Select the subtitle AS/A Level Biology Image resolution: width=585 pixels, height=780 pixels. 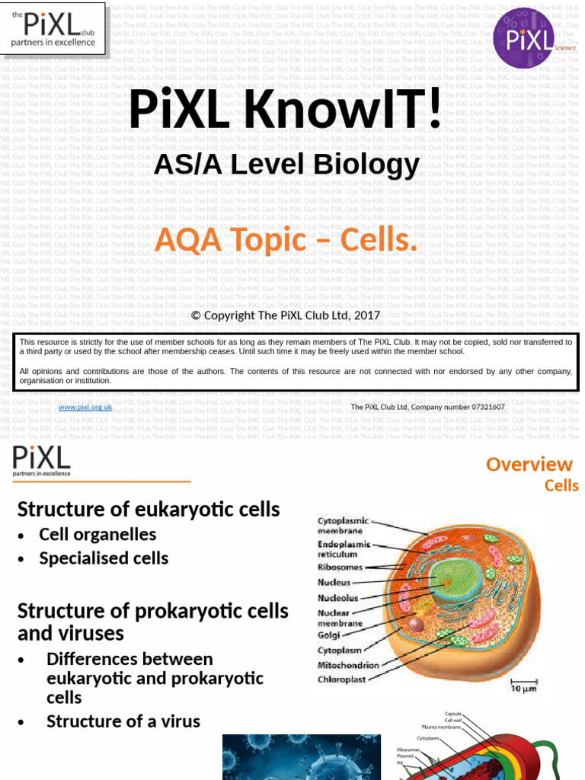tap(286, 165)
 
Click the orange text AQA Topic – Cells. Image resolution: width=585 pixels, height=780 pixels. tap(286, 241)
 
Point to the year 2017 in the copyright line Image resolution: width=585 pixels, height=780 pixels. tap(366, 315)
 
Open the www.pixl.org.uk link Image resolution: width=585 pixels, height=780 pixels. tap(85, 408)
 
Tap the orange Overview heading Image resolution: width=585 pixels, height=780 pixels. tap(529, 464)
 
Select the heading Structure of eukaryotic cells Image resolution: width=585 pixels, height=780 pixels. tap(149, 509)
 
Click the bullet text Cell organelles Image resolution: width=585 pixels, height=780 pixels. tap(97, 535)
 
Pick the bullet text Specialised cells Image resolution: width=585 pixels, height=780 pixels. tap(104, 558)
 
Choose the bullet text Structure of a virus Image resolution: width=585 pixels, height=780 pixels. tap(123, 721)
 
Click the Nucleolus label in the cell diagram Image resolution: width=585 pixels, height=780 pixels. tap(337, 598)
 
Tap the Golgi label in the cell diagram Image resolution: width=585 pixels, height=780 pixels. tap(329, 634)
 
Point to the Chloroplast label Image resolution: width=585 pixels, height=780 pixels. tap(342, 679)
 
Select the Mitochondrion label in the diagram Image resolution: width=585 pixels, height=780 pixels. tap(348, 665)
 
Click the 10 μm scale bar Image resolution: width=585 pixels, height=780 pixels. tap(524, 685)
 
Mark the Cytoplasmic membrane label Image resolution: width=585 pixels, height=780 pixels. tap(343, 525)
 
